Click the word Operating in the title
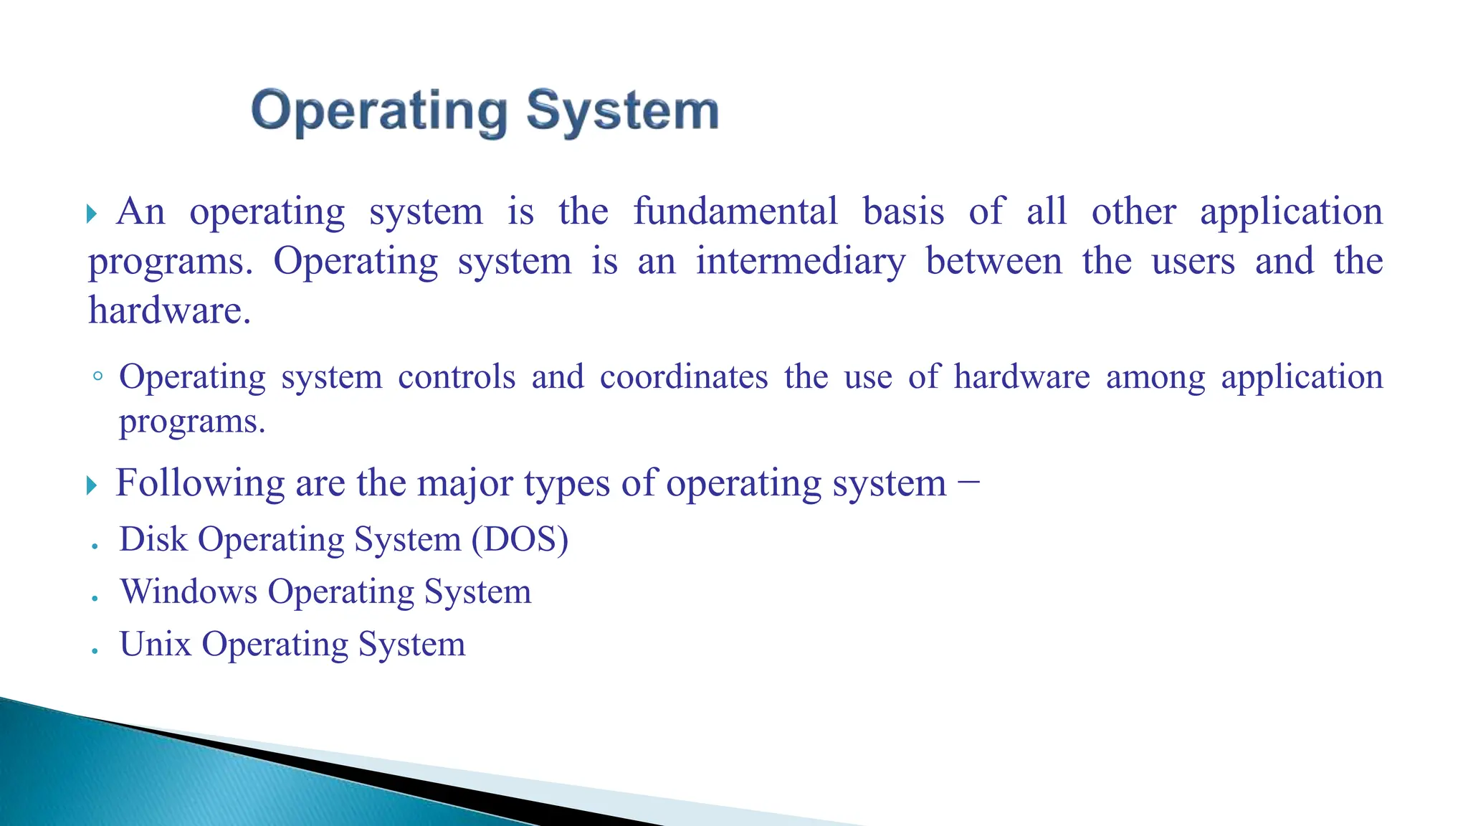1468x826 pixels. pos(379,112)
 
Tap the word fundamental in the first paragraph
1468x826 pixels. pos(735,212)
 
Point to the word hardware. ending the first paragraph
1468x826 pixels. pos(170,310)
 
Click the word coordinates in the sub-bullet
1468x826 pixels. pos(684,377)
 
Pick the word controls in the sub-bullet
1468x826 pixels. pos(457,377)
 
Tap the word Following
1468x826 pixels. pos(200,483)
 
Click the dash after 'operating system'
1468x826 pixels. pos(968,483)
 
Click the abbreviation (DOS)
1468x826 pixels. pos(520,539)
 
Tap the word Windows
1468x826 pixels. pos(189,592)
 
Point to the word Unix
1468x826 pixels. pos(156,644)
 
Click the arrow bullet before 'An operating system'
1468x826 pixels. pos(91,214)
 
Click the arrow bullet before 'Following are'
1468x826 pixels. pos(91,485)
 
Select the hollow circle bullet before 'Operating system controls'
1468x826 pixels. pos(98,376)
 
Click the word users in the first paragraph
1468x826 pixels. pos(1193,261)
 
